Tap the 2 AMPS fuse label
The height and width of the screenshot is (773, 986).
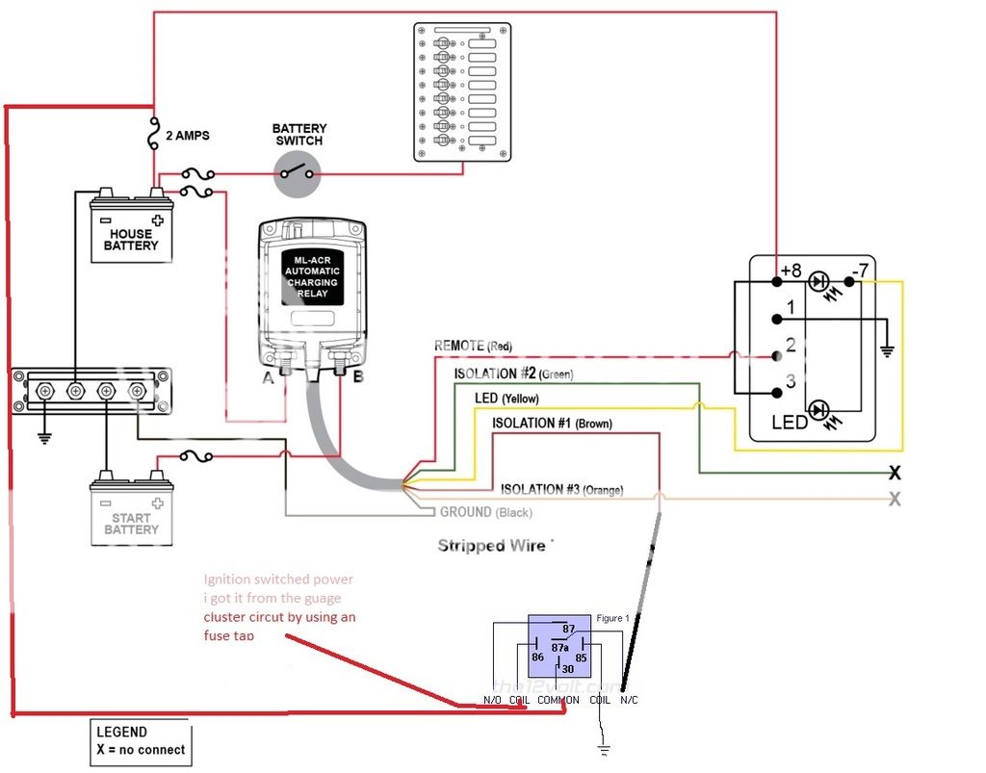(x=193, y=137)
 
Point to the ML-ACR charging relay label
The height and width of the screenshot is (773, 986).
(x=311, y=276)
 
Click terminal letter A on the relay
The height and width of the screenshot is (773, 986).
(x=269, y=376)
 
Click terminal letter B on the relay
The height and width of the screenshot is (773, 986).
(x=357, y=376)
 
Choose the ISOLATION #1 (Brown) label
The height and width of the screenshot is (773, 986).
(x=552, y=424)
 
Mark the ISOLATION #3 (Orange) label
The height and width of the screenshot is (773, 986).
(x=561, y=490)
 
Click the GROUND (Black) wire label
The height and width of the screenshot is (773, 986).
(x=485, y=513)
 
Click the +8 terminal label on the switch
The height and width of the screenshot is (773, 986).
(x=791, y=271)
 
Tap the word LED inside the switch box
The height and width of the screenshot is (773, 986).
(x=790, y=423)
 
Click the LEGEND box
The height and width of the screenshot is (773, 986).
(x=141, y=741)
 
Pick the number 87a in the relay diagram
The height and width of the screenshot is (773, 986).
(x=560, y=648)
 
